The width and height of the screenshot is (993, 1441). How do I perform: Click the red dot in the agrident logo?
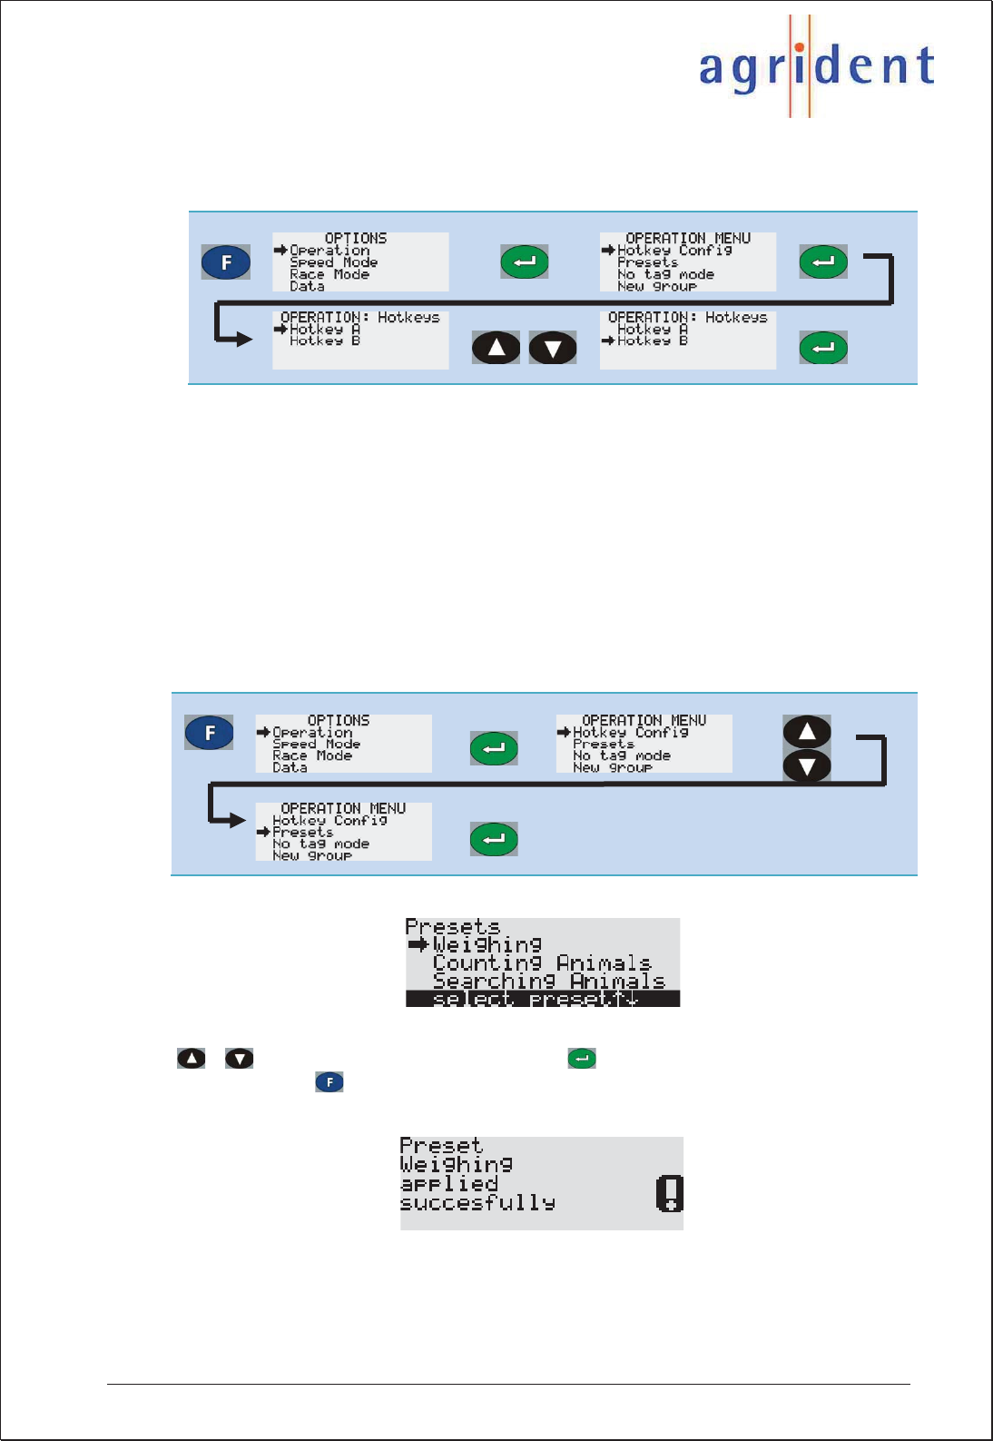point(799,47)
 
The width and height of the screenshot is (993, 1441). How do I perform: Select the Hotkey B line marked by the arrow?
point(652,341)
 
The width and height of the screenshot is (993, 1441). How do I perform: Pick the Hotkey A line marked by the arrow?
point(324,329)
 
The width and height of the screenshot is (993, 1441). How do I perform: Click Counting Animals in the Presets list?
point(542,962)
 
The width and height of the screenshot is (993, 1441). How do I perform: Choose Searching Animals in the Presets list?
point(548,981)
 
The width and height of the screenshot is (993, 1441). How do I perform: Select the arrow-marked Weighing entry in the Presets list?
point(487,945)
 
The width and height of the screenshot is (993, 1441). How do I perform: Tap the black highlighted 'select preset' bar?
point(542,999)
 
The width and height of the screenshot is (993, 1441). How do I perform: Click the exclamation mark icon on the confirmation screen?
point(669,1193)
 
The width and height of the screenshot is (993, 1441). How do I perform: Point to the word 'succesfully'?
point(477,1203)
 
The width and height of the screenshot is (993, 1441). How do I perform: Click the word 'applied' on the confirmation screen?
point(449,1184)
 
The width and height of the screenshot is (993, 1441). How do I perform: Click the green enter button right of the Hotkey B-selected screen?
point(823,348)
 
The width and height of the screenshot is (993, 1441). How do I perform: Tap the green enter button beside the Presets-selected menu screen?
point(494,839)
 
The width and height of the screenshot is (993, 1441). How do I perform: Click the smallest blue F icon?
point(329,1081)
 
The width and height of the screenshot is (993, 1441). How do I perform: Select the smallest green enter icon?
point(582,1058)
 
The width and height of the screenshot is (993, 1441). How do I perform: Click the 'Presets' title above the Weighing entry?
point(452,927)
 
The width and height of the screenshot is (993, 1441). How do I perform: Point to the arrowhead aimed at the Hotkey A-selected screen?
point(242,340)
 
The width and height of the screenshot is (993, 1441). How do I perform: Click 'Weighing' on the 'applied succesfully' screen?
point(456,1164)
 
